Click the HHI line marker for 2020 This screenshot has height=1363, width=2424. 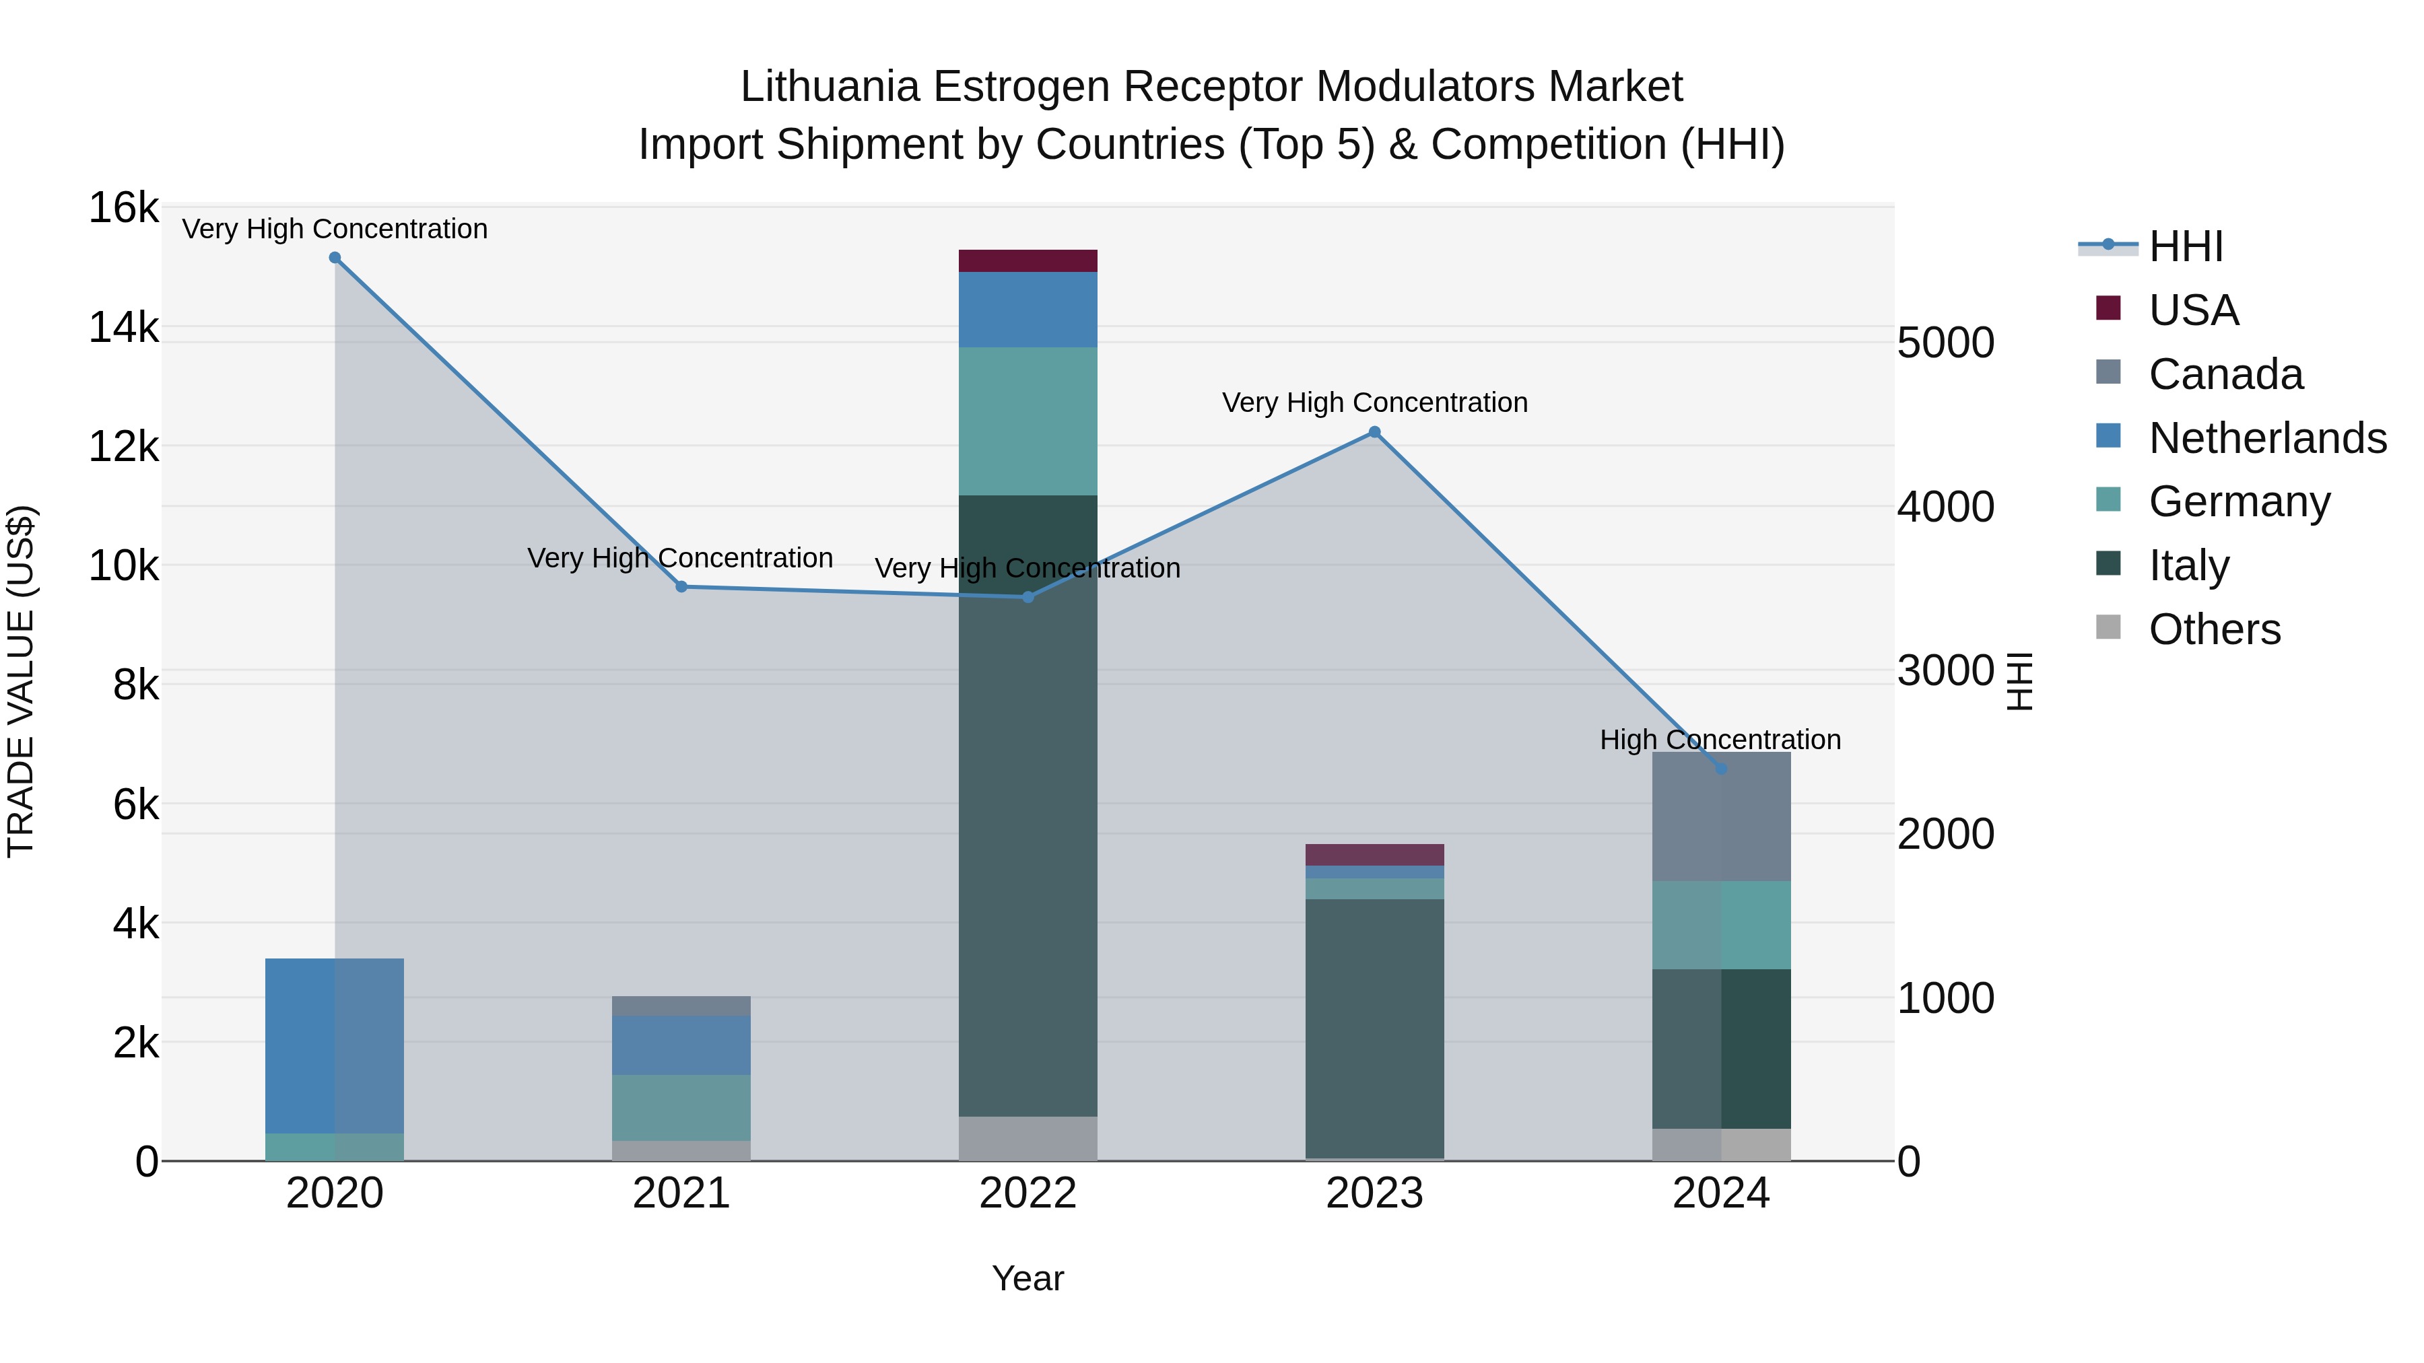(x=335, y=258)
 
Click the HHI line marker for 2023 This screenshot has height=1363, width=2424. (x=1375, y=431)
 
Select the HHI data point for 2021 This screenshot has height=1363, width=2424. (x=682, y=587)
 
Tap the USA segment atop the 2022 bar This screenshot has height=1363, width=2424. (x=1028, y=260)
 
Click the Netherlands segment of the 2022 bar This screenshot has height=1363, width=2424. (x=1028, y=310)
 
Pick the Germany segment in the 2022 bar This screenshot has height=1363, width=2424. (x=1028, y=421)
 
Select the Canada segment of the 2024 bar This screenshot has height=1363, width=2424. (x=1721, y=816)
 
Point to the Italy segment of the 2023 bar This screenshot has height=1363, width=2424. (x=1375, y=1027)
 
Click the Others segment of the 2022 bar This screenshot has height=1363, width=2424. (x=1028, y=1138)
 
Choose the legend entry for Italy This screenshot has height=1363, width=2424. (x=2189, y=565)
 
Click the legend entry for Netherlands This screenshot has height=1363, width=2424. (x=2267, y=438)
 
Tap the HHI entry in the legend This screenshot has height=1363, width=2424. (x=2185, y=246)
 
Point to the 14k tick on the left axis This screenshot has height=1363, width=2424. (x=123, y=327)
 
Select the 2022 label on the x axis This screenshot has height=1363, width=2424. (x=1028, y=1193)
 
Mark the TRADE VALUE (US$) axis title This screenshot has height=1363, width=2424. (x=21, y=681)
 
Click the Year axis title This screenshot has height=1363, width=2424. (x=1028, y=1278)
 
